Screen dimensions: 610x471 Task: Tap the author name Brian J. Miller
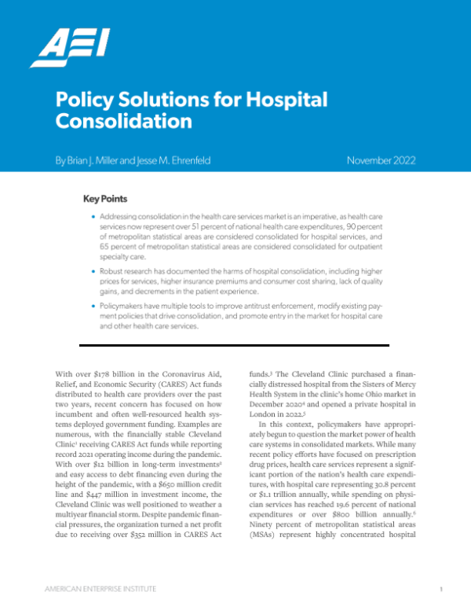pyautogui.click(x=97, y=161)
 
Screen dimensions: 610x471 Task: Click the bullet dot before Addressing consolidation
pyautogui.click(x=95, y=215)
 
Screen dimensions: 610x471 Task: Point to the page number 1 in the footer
pyautogui.click(x=442, y=587)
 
